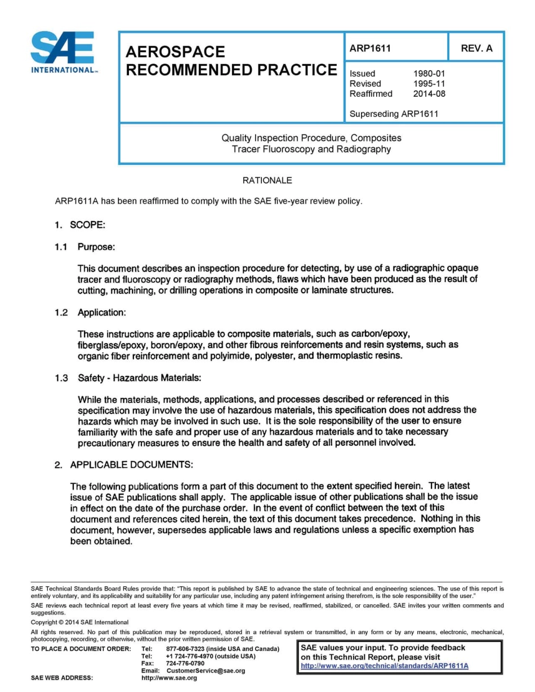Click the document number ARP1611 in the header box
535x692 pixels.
tap(371, 48)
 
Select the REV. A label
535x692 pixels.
tap(476, 48)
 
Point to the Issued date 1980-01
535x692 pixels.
tap(429, 74)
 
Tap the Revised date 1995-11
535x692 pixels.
tap(429, 84)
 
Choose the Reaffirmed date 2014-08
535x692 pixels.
tap(429, 94)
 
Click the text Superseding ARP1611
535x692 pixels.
tap(394, 114)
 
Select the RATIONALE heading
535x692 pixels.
tap(267, 181)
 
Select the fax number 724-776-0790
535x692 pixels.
tap(185, 664)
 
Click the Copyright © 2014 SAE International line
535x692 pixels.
tap(79, 622)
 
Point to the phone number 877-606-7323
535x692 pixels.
tap(186, 649)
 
